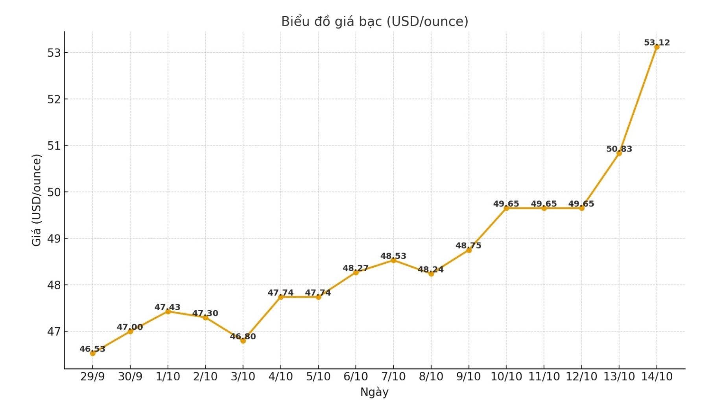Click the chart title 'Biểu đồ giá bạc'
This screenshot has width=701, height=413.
pyautogui.click(x=374, y=21)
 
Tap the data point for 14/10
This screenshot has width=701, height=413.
pyautogui.click(x=657, y=47)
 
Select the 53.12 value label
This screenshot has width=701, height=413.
pyautogui.click(x=657, y=43)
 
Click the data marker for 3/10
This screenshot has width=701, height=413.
pyautogui.click(x=243, y=341)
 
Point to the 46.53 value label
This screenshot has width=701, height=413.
pyautogui.click(x=92, y=349)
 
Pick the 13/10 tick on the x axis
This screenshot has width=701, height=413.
pyautogui.click(x=619, y=377)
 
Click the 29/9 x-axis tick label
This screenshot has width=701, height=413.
pyautogui.click(x=92, y=377)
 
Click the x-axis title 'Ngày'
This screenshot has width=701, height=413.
pyautogui.click(x=374, y=392)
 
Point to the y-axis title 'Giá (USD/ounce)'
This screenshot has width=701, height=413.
pyautogui.click(x=37, y=200)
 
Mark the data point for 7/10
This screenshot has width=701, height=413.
pyautogui.click(x=393, y=260)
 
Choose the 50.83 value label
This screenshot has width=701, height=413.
pyautogui.click(x=619, y=149)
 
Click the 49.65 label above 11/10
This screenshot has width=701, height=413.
pyautogui.click(x=544, y=204)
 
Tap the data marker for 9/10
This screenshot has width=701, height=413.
pyautogui.click(x=469, y=250)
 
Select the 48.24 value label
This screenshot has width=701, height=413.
pyautogui.click(x=431, y=269)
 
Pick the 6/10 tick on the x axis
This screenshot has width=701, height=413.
pyautogui.click(x=356, y=377)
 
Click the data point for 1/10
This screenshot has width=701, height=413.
pyautogui.click(x=168, y=311)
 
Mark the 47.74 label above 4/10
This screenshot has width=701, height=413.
pyautogui.click(x=280, y=293)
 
